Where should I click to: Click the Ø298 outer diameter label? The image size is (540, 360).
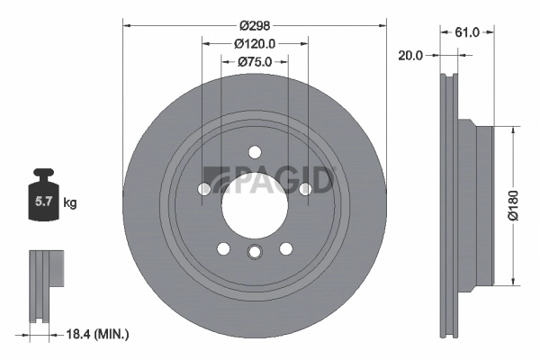(x=254, y=13)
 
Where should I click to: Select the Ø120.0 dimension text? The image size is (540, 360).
(x=254, y=42)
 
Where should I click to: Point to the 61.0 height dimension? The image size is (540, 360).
(x=467, y=31)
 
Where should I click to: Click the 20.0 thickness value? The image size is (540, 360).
(x=410, y=54)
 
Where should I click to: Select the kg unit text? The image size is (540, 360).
(x=70, y=203)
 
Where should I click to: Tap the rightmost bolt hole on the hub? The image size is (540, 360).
(x=305, y=188)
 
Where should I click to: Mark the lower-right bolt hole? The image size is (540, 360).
(x=286, y=248)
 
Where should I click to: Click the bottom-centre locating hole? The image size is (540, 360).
(x=255, y=253)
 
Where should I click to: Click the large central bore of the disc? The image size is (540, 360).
(x=255, y=205)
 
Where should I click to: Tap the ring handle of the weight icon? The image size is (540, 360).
(x=41, y=175)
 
